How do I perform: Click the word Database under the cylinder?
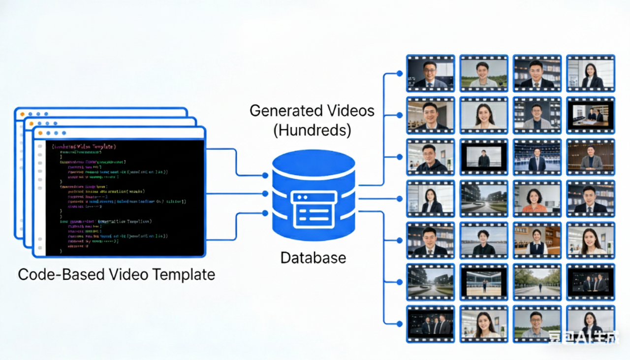coord(313,257)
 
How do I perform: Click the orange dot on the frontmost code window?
coord(40,133)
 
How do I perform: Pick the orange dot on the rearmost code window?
coord(22,114)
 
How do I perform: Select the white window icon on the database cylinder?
coord(314,208)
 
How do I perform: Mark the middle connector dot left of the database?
coord(265,194)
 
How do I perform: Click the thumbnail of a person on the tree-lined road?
coord(537,283)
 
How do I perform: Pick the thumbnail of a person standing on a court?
coord(484,283)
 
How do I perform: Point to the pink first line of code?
coord(84,146)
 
